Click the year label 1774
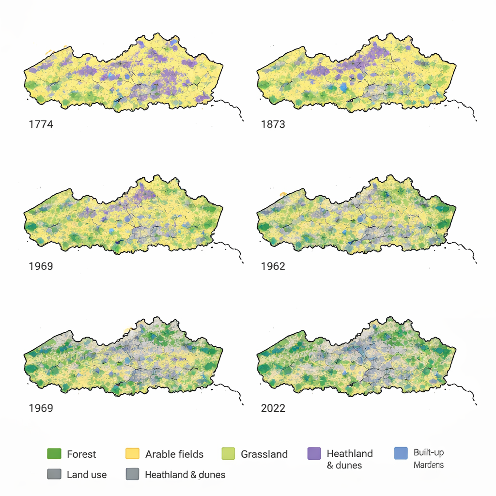[x=41, y=124]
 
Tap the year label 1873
[x=273, y=124]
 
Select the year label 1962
[x=273, y=266]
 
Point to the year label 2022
[x=273, y=408]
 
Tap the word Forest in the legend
[x=81, y=454]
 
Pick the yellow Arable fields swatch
[x=132, y=454]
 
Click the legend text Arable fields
[x=174, y=454]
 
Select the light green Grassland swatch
[x=228, y=454]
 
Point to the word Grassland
[x=264, y=454]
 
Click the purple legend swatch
[x=314, y=454]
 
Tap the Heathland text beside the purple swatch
[x=350, y=454]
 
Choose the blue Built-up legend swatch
[x=401, y=453]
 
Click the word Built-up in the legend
[x=429, y=453]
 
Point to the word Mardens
[x=429, y=465]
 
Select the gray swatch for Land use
[x=54, y=474]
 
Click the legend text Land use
[x=87, y=475]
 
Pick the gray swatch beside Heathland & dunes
[x=132, y=474]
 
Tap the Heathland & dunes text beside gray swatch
[x=185, y=475]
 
